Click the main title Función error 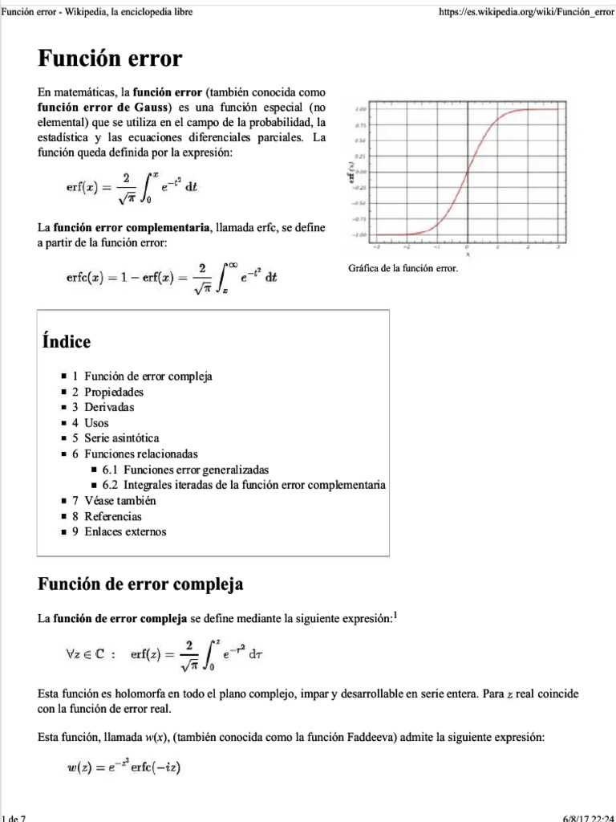pos(110,59)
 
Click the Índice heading pos(66,342)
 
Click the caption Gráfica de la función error pos(403,268)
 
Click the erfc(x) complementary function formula pos(172,277)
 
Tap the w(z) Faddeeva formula pos(124,768)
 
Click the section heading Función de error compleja pos(140,584)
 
